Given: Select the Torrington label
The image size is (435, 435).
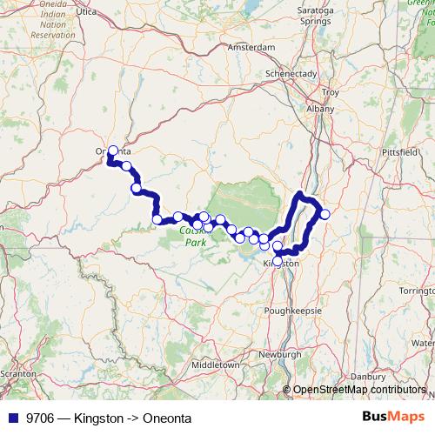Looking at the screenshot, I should pos(415,289).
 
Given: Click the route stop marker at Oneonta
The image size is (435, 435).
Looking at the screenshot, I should pos(112,151).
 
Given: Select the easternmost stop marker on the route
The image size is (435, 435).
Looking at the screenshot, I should pos(325,214).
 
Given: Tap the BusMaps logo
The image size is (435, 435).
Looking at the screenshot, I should pos(392,417).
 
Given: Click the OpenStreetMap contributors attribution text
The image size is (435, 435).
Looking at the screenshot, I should pos(358,390).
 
